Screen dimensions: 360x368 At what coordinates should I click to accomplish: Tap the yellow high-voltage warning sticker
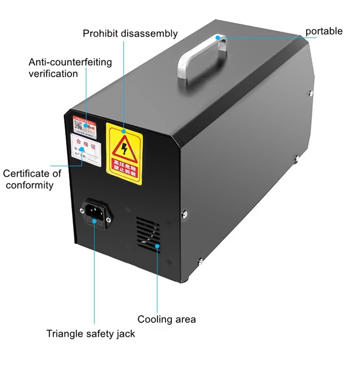(124, 153)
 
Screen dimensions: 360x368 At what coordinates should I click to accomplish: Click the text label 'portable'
(324, 31)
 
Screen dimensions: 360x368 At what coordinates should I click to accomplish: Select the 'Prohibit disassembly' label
(130, 33)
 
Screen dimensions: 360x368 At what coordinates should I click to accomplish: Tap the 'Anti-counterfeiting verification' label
(70, 68)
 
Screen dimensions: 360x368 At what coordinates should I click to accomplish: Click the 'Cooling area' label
(166, 319)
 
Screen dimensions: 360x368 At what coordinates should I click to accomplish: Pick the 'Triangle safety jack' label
(90, 334)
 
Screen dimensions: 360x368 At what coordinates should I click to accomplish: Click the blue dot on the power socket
(94, 219)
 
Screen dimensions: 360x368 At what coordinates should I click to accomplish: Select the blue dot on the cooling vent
(157, 246)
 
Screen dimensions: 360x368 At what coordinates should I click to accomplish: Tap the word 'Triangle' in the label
(65, 334)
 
